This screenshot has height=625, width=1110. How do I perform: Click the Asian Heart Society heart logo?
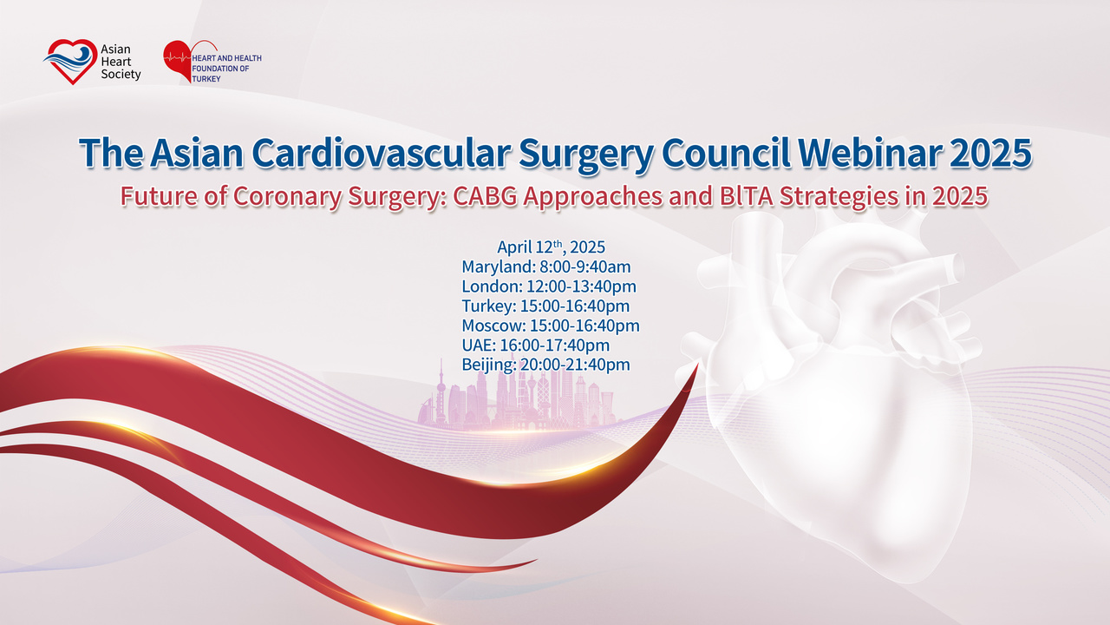pyautogui.click(x=70, y=62)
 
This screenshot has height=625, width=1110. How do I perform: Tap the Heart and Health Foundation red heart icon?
pyautogui.click(x=179, y=61)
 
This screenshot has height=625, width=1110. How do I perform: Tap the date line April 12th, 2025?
pyautogui.click(x=551, y=247)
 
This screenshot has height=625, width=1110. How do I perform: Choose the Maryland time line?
pyautogui.click(x=546, y=266)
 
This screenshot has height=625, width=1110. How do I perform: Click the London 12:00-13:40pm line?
pyautogui.click(x=549, y=286)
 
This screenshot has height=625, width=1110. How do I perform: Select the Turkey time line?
pyautogui.click(x=545, y=306)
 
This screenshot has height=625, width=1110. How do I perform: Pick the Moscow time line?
pyautogui.click(x=551, y=326)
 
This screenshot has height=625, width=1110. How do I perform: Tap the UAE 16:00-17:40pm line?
pyautogui.click(x=536, y=345)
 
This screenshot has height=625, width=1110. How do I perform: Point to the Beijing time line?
pyautogui.click(x=546, y=365)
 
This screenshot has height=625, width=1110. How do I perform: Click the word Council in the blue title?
pyautogui.click(x=726, y=153)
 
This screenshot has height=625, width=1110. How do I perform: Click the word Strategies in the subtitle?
pyautogui.click(x=839, y=197)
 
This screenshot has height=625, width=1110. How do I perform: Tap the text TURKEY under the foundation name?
pyautogui.click(x=206, y=79)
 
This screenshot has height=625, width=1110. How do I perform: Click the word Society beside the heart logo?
pyautogui.click(x=121, y=75)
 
